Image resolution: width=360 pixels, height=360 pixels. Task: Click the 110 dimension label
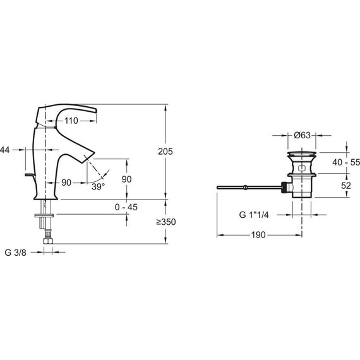click(x=71, y=121)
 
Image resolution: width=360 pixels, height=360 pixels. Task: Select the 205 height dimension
click(x=165, y=152)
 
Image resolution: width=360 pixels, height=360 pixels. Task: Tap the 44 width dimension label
click(x=5, y=150)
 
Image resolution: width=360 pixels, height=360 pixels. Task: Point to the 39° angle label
click(x=99, y=187)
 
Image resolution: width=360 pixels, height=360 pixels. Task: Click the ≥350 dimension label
click(x=166, y=222)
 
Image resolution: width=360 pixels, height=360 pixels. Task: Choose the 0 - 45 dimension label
click(x=126, y=207)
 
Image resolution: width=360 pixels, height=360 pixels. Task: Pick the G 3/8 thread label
click(x=15, y=253)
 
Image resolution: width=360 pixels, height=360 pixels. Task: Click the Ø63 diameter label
click(x=302, y=135)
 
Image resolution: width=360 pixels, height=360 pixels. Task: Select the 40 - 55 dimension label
click(x=346, y=162)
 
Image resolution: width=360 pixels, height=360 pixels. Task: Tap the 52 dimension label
click(x=346, y=186)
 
